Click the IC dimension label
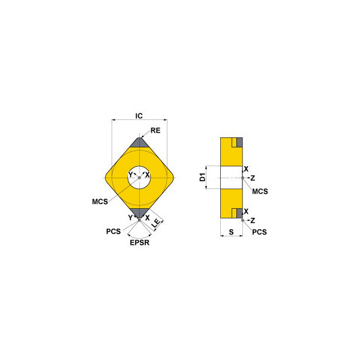point(139,116)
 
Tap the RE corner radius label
point(155,130)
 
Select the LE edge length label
point(157,223)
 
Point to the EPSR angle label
point(140,242)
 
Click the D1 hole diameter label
point(203,177)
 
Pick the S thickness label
point(231,232)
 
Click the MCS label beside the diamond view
point(100,202)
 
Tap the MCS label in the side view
point(260,191)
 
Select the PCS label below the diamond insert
point(113,232)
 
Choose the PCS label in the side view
point(259,232)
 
